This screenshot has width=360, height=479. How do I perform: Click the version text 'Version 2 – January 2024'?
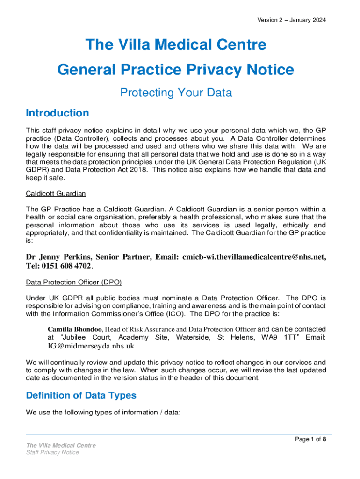click(x=291, y=20)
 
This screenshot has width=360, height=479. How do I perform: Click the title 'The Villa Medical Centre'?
click(x=176, y=45)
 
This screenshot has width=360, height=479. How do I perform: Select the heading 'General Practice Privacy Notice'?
click(x=176, y=70)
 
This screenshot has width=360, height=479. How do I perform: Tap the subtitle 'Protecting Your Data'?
click(x=176, y=93)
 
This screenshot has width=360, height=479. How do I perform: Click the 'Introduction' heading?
click(x=57, y=113)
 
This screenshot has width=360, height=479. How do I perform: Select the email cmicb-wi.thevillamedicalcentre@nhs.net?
click(x=254, y=257)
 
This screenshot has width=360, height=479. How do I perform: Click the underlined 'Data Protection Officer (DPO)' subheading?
click(x=74, y=283)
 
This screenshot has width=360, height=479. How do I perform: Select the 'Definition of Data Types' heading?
click(x=81, y=395)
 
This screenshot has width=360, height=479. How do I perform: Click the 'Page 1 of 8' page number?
click(x=310, y=439)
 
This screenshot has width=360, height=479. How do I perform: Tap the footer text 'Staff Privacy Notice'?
click(x=52, y=452)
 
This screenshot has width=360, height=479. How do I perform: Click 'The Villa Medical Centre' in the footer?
click(x=61, y=445)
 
